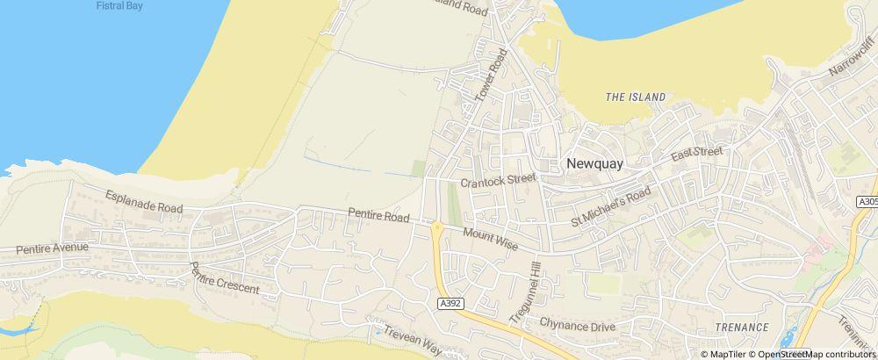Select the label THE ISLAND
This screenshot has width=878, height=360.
tap(636, 97)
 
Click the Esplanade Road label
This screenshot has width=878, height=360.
tap(144, 201)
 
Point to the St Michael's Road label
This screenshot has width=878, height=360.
tap(611, 204)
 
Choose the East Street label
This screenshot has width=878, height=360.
tap(696, 154)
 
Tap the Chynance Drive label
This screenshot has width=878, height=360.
tap(578, 326)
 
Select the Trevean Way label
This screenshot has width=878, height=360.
tap(411, 340)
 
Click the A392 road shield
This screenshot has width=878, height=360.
tap(449, 302)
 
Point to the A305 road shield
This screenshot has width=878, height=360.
tap(867, 202)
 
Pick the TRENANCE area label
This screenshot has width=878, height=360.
tap(741, 328)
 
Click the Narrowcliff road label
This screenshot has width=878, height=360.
tap(852, 64)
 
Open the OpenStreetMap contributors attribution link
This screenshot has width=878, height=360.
tap(815, 354)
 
